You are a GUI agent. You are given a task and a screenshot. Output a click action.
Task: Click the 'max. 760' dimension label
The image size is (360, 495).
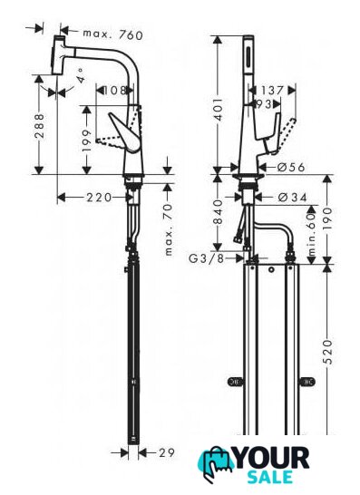tap(113, 34)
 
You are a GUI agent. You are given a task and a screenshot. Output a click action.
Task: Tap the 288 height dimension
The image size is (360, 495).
tap(40, 126)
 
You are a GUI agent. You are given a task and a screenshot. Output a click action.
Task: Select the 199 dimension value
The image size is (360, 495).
tap(87, 141)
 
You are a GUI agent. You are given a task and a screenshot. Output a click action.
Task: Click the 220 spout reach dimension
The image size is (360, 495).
tap(99, 198)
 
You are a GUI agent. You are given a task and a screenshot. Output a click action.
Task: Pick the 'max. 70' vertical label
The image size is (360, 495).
tap(169, 229)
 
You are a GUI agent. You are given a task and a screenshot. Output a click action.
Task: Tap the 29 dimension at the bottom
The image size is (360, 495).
tap(167, 453)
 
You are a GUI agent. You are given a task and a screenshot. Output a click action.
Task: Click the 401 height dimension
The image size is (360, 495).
tap(218, 110)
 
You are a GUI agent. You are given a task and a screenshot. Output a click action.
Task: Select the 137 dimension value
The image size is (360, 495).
tap(272, 91)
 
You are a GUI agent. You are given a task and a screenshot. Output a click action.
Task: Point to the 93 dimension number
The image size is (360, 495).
tap(264, 104)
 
